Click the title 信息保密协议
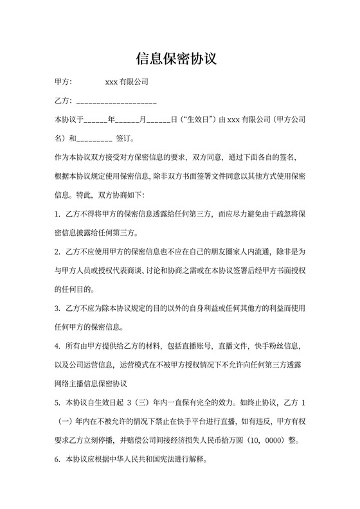coord(179,58)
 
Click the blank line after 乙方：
coord(116,102)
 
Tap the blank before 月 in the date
coord(128,120)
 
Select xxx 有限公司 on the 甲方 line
coord(127,82)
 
